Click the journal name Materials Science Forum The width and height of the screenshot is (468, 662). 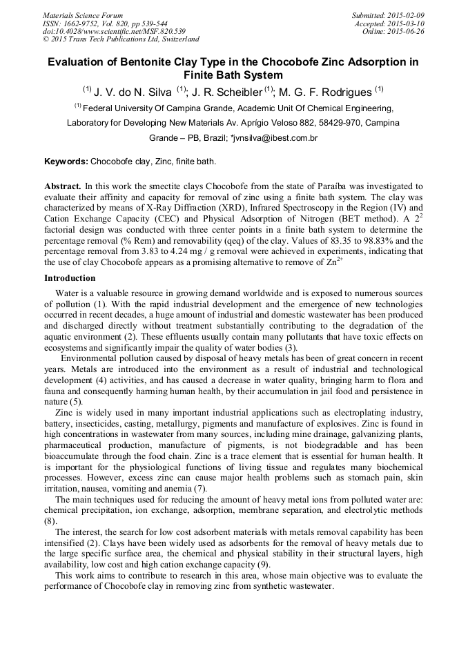pyautogui.click(x=83, y=15)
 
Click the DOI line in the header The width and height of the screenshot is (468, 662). pyautogui.click(x=114, y=32)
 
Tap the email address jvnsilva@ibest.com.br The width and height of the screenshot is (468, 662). pyautogui.click(x=274, y=138)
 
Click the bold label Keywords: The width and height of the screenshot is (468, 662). pyautogui.click(x=66, y=162)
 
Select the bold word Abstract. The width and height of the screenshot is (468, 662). pyautogui.click(x=64, y=187)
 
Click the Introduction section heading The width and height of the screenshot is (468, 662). pyautogui.click(x=70, y=278)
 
